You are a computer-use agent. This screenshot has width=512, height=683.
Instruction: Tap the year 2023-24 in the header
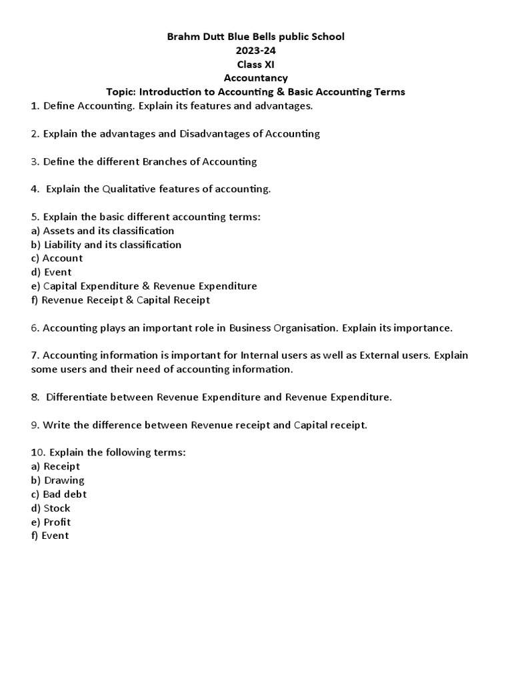tap(256, 51)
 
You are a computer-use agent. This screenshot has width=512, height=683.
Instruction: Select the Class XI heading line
tap(256, 64)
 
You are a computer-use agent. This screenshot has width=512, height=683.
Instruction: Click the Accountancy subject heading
tap(256, 78)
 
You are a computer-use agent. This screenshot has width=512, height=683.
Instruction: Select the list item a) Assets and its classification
tap(103, 231)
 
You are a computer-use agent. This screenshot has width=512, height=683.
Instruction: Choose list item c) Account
tap(57, 258)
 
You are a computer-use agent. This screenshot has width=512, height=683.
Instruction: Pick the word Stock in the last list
tap(57, 508)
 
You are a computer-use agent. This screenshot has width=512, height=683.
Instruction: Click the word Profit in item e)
tap(57, 522)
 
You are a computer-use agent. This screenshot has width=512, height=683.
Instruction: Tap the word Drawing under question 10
tap(64, 480)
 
